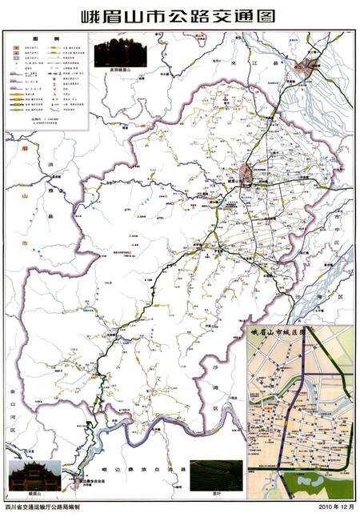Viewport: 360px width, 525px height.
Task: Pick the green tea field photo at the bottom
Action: coord(215,474)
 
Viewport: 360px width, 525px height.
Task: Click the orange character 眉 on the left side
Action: coord(26,149)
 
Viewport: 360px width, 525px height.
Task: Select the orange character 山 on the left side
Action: coord(26,194)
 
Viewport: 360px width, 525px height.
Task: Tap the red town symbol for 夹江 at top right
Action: coord(302,68)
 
